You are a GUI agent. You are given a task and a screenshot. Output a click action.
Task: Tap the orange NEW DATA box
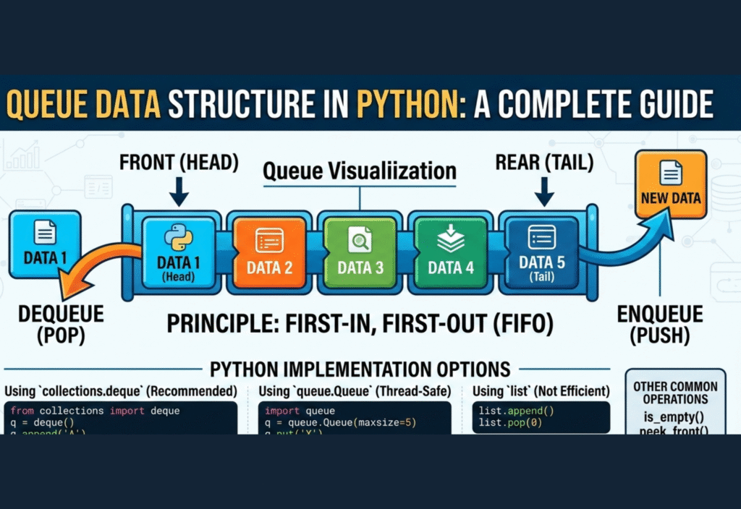click(x=670, y=184)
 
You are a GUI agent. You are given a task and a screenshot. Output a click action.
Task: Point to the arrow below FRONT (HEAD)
click(x=178, y=191)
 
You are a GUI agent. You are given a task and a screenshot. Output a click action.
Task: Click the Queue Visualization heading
click(x=360, y=171)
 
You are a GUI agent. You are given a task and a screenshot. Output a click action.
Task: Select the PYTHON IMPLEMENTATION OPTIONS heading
click(x=360, y=369)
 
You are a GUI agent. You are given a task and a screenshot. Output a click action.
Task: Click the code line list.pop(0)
click(x=509, y=422)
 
